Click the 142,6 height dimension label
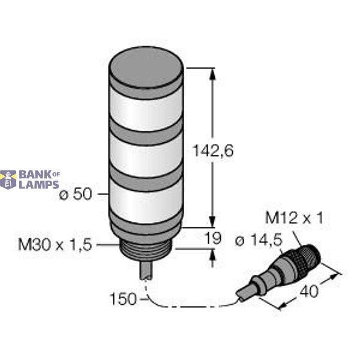(211, 152)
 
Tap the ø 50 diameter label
(77, 195)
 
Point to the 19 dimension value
(213, 239)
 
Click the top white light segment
(145, 107)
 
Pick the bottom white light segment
(145, 201)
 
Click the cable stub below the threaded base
(146, 269)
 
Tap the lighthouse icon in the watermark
(8, 179)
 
